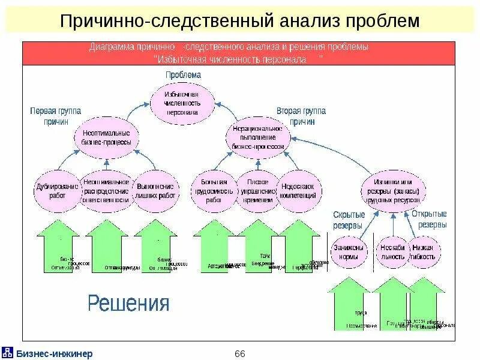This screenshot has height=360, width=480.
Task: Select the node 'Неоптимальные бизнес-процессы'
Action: [107, 138]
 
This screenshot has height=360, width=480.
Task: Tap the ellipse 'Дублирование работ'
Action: [58, 191]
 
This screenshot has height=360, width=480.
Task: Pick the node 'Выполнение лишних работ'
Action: [155, 191]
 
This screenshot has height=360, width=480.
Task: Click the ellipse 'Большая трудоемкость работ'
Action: [214, 191]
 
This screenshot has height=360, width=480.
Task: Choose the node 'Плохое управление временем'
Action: [257, 191]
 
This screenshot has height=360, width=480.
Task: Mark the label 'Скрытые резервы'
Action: [347, 220]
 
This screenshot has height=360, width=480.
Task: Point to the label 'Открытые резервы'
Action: [429, 220]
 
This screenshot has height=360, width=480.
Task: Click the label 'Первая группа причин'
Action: [56, 116]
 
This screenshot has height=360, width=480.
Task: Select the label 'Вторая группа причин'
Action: [302, 116]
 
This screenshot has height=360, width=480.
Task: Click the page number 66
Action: [240, 353]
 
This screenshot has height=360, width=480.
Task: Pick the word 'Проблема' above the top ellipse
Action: [183, 75]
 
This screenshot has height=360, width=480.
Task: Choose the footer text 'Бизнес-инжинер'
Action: [54, 353]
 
